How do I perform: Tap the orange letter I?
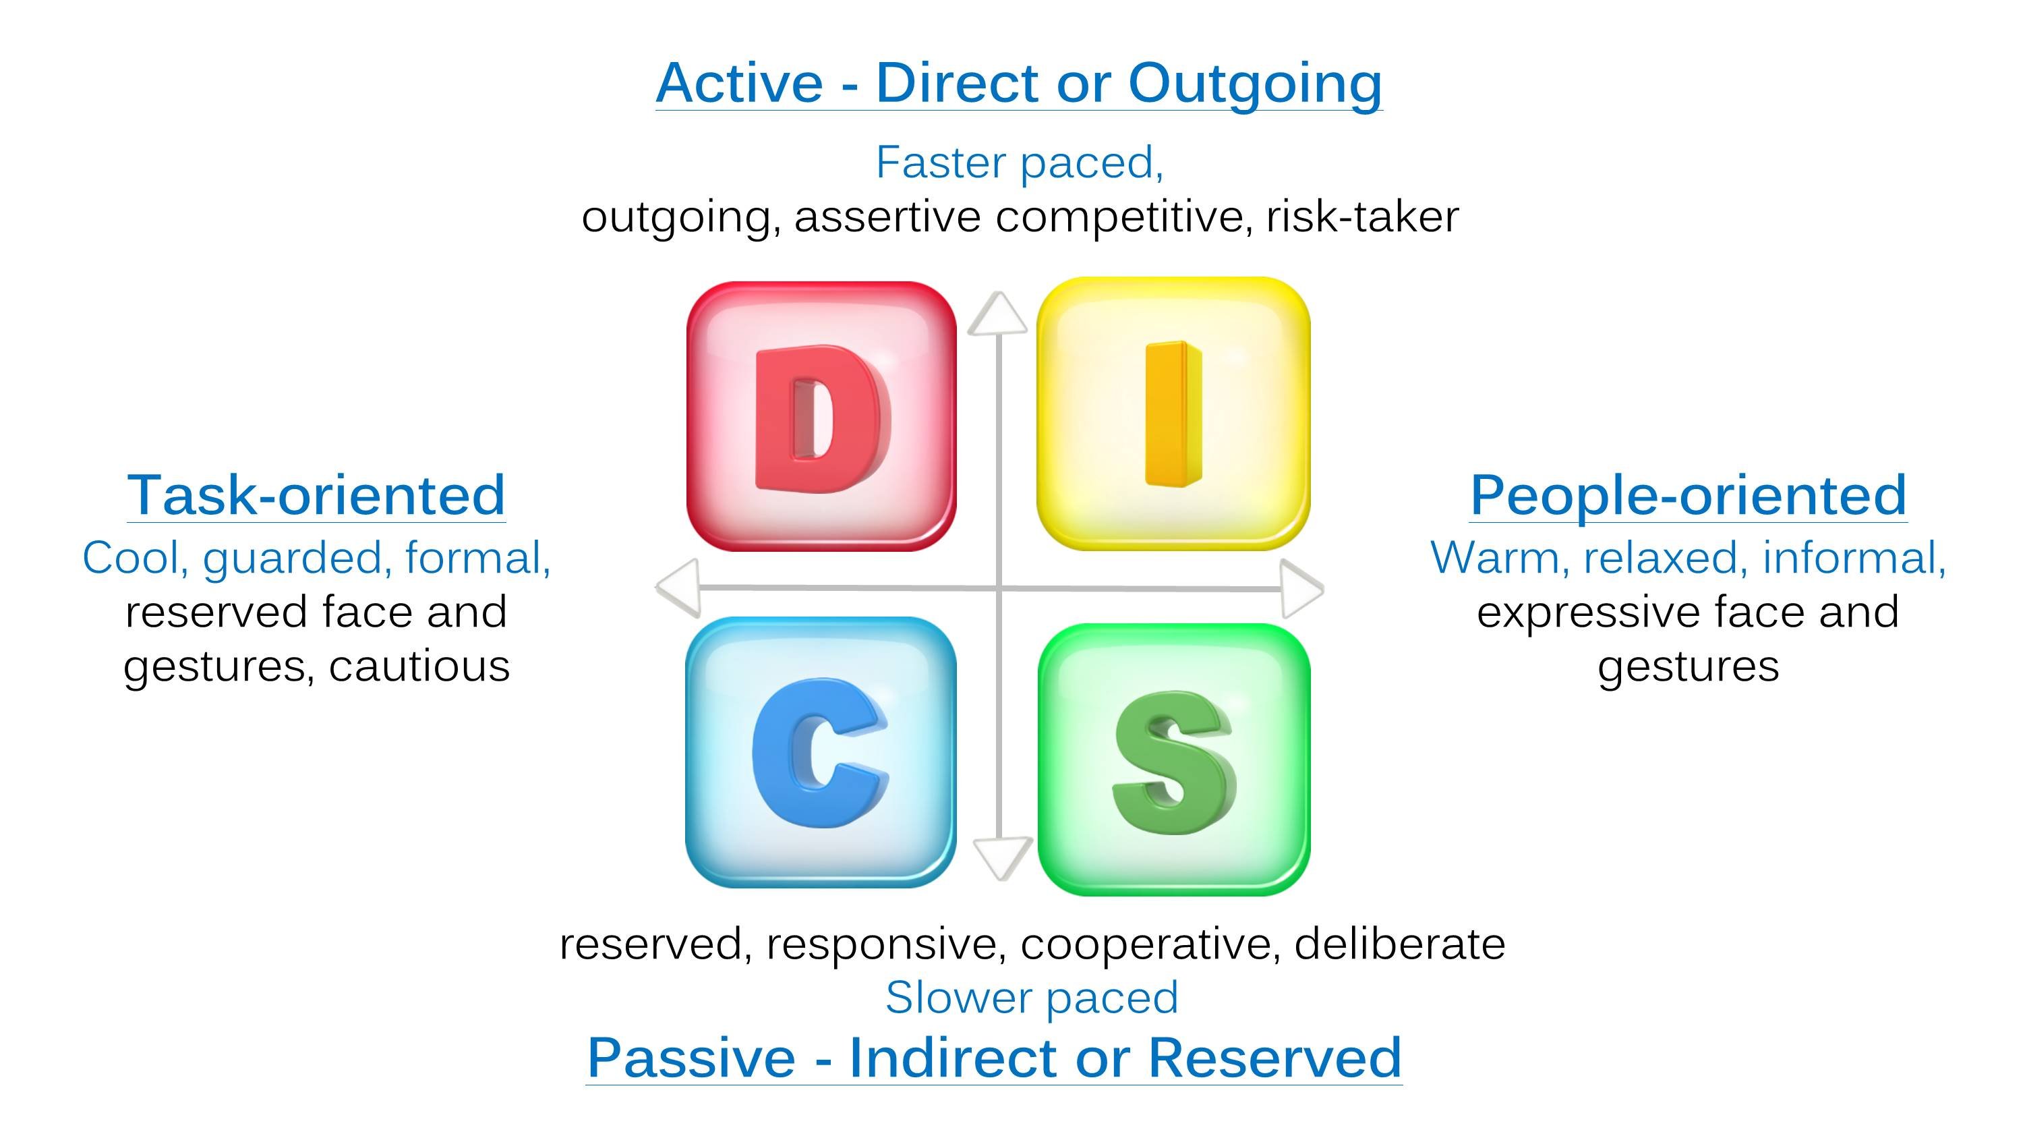coord(1173,415)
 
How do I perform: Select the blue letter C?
coord(817,754)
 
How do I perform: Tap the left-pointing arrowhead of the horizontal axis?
coord(679,587)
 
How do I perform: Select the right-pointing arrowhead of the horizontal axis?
coord(1301,588)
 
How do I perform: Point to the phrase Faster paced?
coord(1018,163)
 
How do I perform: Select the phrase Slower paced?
coord(1031,998)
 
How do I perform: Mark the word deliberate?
coord(1399,943)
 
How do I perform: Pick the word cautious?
coord(419,666)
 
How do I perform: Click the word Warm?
coord(1497,559)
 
